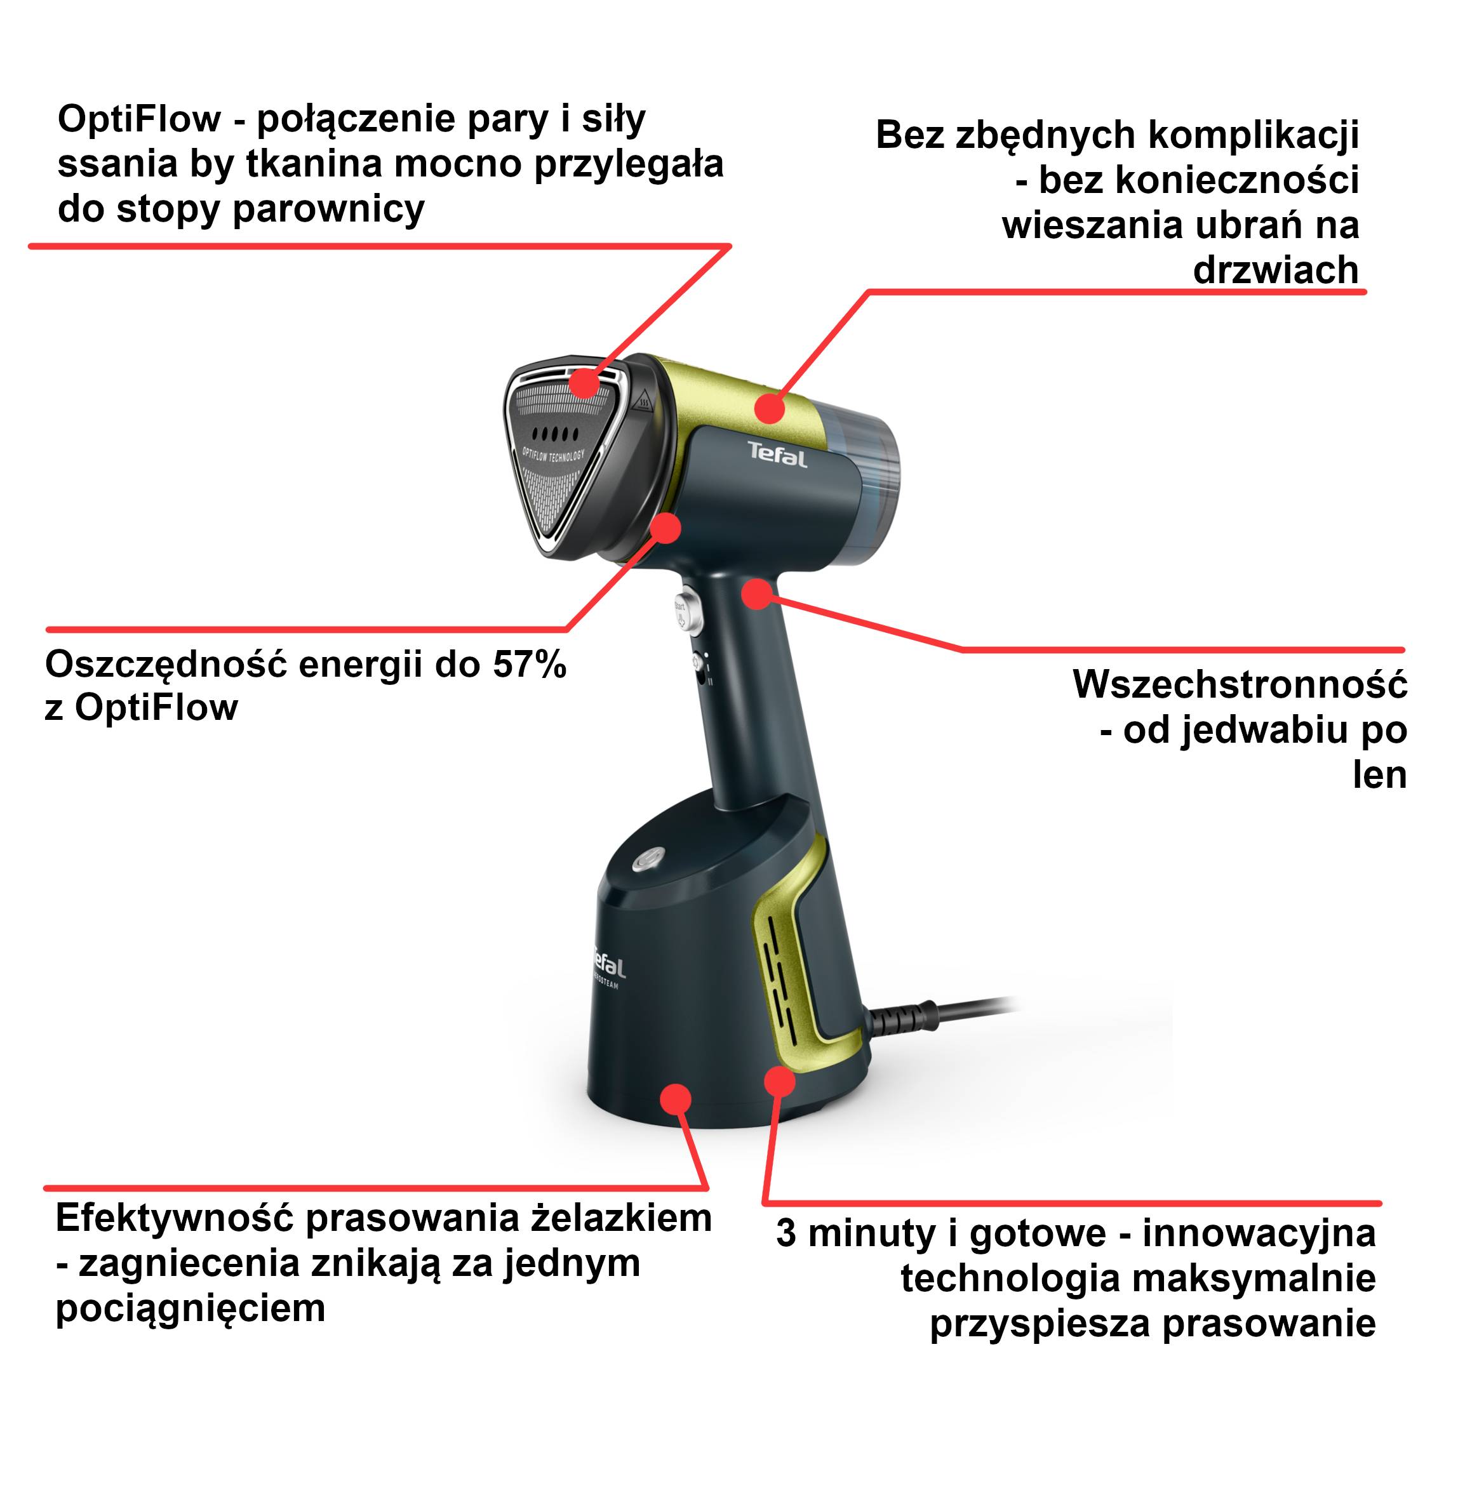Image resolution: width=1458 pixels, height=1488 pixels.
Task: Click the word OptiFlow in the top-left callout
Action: point(138,119)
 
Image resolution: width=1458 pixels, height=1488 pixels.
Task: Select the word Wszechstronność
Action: point(1239,684)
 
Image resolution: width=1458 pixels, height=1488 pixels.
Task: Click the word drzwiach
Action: point(1275,270)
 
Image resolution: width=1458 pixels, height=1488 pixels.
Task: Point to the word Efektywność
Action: point(174,1218)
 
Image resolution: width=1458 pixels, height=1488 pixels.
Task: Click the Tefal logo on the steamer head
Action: point(777,455)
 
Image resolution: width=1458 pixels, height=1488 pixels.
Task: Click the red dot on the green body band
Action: point(770,408)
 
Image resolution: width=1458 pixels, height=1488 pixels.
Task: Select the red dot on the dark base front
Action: point(674,1099)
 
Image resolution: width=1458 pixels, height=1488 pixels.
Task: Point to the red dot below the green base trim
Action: point(780,1082)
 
